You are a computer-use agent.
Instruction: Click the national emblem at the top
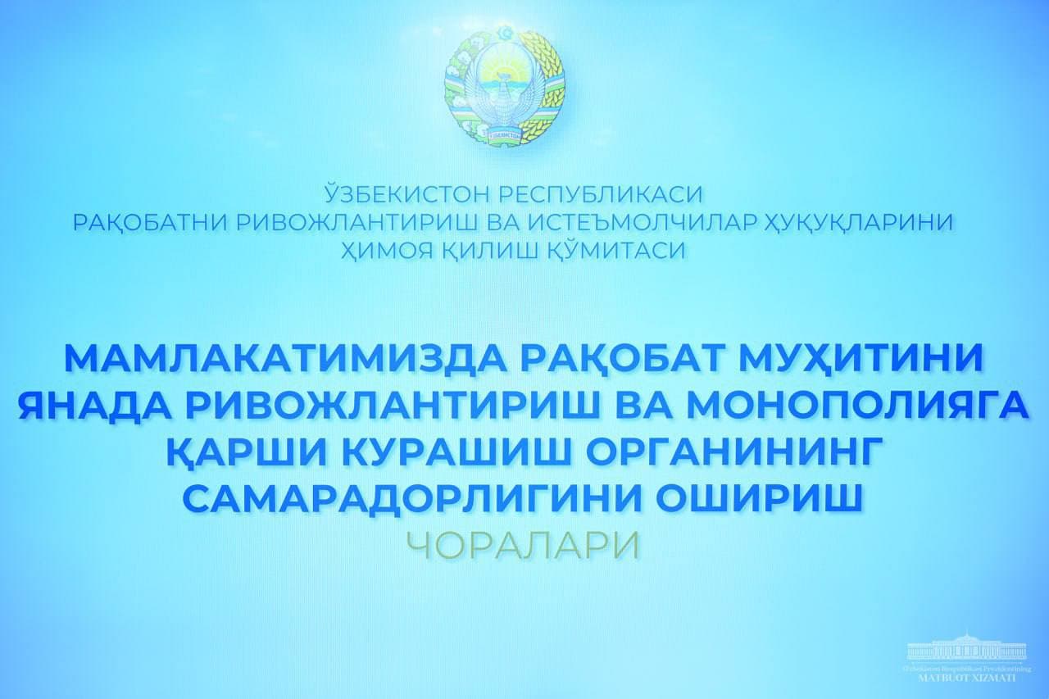(x=505, y=86)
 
